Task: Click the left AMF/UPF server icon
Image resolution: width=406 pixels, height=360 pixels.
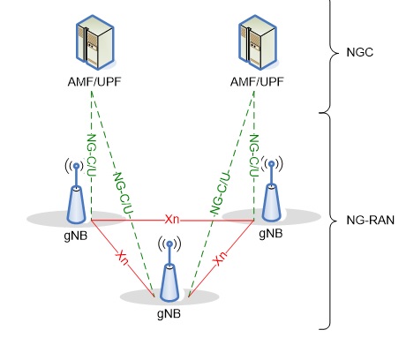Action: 92,45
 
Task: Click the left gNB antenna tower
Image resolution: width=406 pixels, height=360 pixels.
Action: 79,199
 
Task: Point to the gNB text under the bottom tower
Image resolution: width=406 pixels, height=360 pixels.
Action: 169,312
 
